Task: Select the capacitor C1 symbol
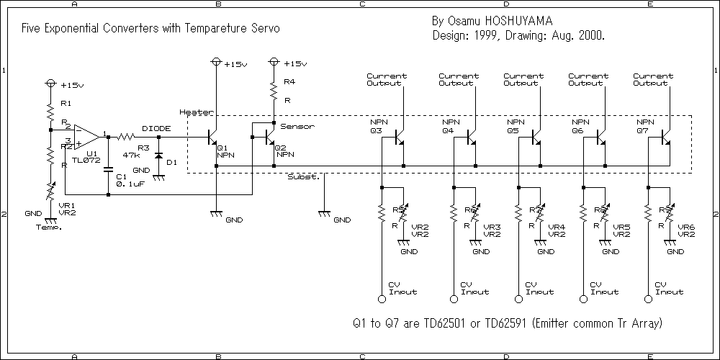[108, 171]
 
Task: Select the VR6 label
[686, 227]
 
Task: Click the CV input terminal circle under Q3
[382, 299]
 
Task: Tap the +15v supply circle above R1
[50, 84]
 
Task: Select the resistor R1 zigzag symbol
[50, 112]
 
